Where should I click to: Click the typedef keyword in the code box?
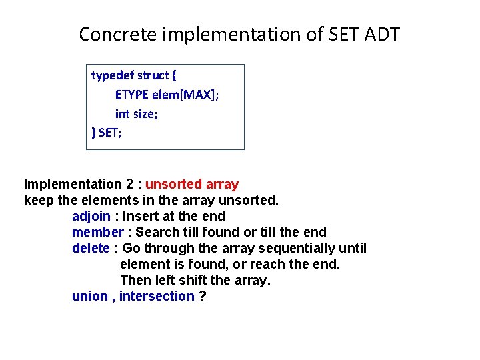112,75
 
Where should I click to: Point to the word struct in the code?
153,75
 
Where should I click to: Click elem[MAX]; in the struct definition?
187,95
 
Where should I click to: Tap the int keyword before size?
122,114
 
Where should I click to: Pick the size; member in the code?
146,114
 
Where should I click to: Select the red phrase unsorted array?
191,184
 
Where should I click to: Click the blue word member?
98,232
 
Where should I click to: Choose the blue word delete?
91,248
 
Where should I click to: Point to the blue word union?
89,296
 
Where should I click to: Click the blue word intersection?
157,296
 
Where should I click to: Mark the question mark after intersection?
203,296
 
